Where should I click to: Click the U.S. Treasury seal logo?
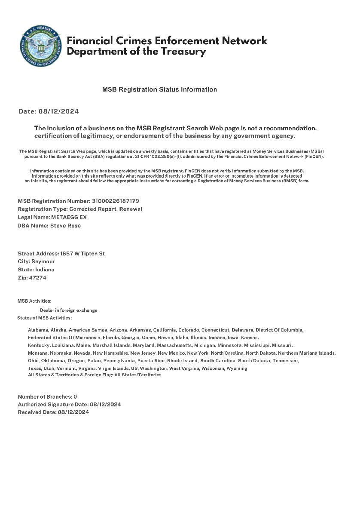tap(41, 46)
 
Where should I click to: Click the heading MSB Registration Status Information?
tap(159, 89)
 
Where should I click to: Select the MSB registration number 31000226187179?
tap(116, 201)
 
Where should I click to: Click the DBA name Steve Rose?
tap(65, 225)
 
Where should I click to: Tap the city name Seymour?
tap(43, 261)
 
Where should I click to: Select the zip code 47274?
tap(37, 278)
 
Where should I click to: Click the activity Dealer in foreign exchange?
tap(69, 310)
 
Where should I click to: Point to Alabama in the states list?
tap(38, 330)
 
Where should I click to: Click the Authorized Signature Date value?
tap(105, 404)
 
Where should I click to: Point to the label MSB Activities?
tap(34, 301)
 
